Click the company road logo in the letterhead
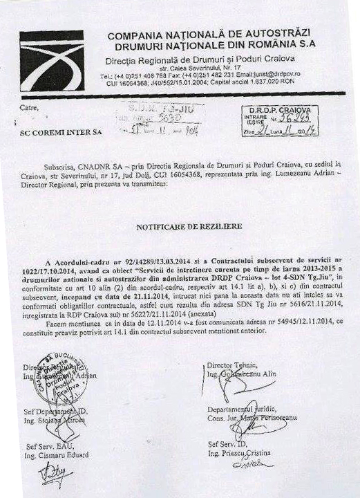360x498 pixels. click(52, 61)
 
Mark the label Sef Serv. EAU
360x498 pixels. click(46, 447)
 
